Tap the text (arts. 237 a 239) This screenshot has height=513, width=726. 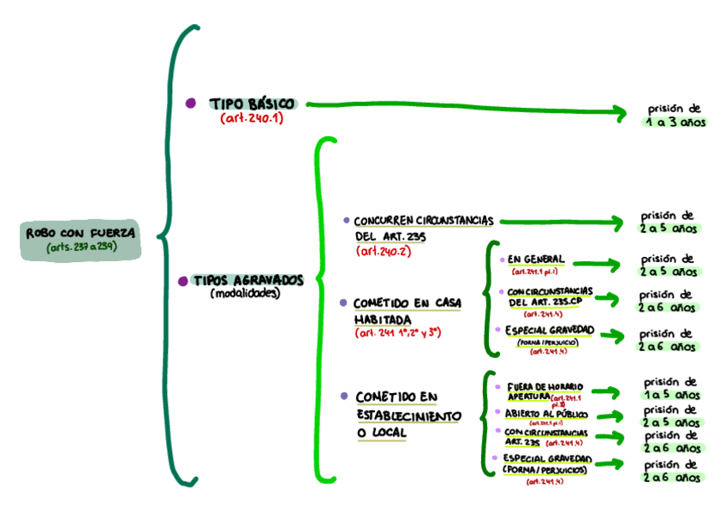[x=81, y=248]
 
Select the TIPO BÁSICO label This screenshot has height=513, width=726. [x=252, y=104]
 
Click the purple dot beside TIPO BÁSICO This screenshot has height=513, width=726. [x=190, y=103]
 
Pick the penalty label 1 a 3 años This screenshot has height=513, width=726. [x=675, y=122]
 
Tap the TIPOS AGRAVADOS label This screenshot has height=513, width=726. [x=247, y=280]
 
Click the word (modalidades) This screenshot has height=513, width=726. [x=245, y=294]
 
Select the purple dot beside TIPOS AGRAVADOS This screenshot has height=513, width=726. [x=182, y=281]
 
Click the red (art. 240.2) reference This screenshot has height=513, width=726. [x=384, y=251]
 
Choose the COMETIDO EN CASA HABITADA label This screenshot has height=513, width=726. [x=408, y=311]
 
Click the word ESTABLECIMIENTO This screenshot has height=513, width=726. [x=408, y=415]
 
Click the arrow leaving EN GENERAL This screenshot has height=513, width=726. [x=604, y=265]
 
